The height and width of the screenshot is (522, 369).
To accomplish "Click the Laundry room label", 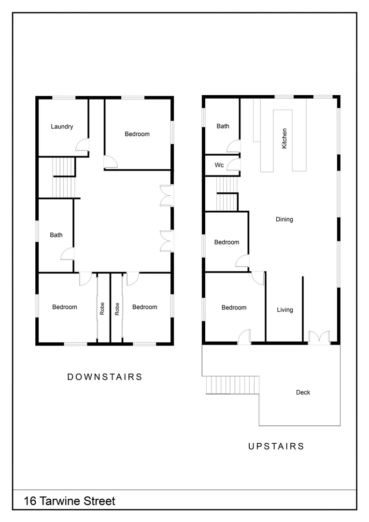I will click(x=62, y=127).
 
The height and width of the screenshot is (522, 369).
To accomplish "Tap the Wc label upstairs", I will click(x=219, y=165).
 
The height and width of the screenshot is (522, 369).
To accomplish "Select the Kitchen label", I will click(x=284, y=138).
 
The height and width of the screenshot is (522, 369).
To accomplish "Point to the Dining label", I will click(x=284, y=219).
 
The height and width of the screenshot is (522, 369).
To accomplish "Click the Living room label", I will click(x=284, y=310).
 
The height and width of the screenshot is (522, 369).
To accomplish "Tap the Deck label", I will click(x=303, y=392).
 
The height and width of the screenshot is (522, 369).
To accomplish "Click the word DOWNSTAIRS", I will click(x=105, y=377).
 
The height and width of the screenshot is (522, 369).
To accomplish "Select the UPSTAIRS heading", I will click(x=276, y=446).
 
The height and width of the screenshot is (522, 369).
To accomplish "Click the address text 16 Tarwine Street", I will click(x=70, y=501).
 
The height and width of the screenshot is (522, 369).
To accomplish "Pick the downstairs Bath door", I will click(x=67, y=254).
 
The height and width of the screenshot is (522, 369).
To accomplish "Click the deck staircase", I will click(x=231, y=385).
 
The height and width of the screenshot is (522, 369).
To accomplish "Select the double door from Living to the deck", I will click(x=319, y=337).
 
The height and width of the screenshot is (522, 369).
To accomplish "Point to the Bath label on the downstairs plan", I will click(x=56, y=235).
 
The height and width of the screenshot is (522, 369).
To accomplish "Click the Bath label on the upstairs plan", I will click(x=223, y=126).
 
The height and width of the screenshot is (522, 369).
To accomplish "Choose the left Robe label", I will click(x=102, y=309).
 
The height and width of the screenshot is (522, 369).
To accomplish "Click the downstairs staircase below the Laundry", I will click(x=64, y=177).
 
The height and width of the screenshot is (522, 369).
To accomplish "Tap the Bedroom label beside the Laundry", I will click(x=137, y=134).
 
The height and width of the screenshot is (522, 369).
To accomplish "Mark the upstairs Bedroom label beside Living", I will click(x=234, y=307).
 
